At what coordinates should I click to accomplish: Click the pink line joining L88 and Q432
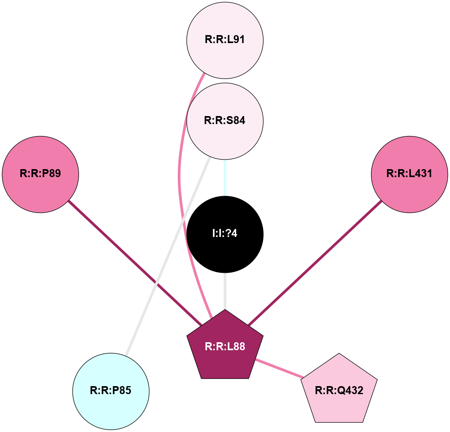click(x=279, y=369)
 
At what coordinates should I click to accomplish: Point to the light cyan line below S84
click(x=225, y=178)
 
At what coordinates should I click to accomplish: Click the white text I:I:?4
click(x=225, y=233)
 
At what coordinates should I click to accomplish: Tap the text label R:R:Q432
click(x=339, y=391)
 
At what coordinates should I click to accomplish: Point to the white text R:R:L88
click(x=225, y=347)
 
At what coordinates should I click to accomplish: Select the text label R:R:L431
click(x=409, y=174)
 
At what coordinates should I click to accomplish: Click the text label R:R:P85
click(x=111, y=391)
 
